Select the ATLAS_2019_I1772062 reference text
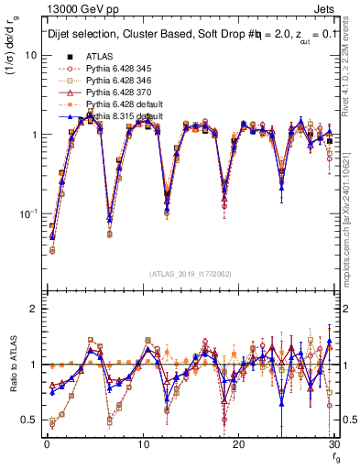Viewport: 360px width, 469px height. point(190,273)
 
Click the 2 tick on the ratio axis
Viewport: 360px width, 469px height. point(33,309)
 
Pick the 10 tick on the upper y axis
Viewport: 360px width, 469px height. point(29,55)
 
